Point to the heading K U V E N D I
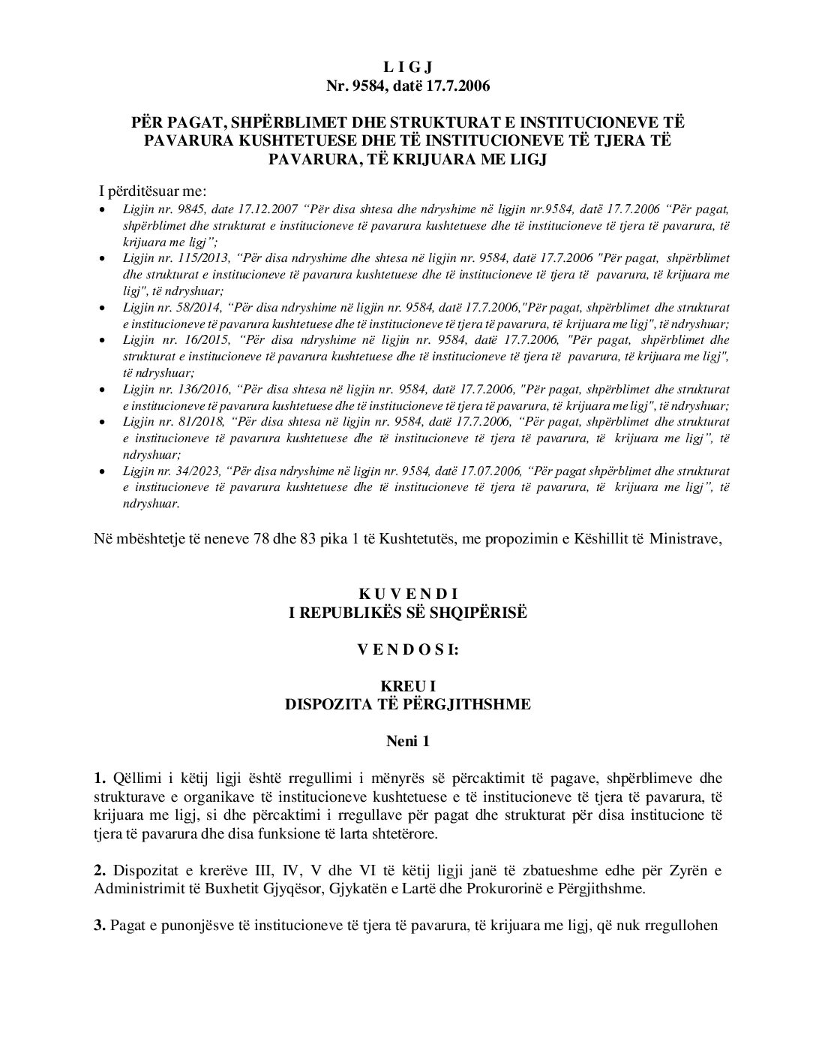[408, 595]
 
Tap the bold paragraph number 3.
[99, 925]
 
